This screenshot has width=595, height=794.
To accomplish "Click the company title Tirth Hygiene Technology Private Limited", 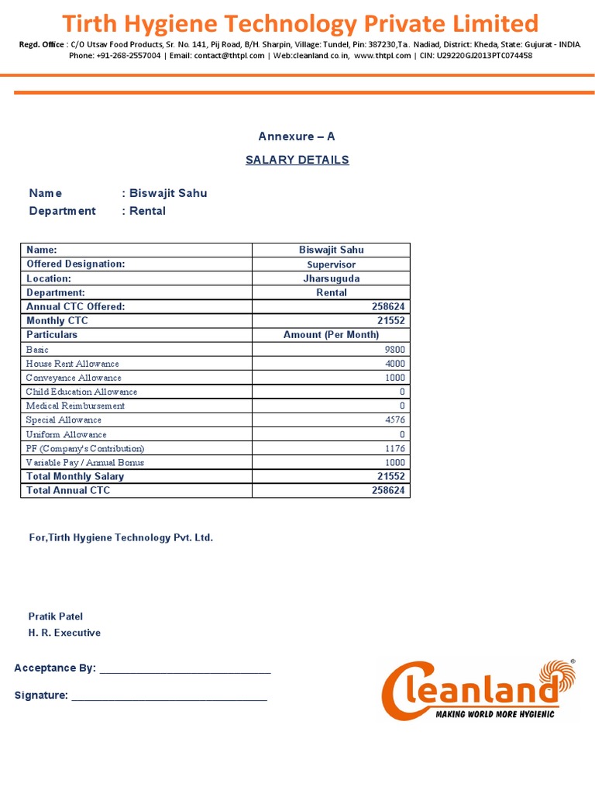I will (300, 23).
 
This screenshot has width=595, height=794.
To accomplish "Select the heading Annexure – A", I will (297, 136).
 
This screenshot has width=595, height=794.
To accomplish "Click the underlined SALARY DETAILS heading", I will (297, 160).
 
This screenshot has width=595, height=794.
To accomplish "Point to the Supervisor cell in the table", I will (331, 264).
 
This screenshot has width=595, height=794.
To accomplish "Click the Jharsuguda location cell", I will (331, 278).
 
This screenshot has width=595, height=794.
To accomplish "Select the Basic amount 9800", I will (394, 350).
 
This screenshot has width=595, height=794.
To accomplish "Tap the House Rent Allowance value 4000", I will (394, 364).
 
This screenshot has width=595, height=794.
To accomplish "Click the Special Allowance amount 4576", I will (394, 420).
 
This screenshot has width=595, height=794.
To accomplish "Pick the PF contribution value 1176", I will (394, 448).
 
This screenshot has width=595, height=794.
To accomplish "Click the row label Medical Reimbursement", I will (75, 406).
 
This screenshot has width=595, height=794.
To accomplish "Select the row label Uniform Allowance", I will (67, 434).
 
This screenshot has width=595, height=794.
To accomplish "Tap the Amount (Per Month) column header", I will (331, 335).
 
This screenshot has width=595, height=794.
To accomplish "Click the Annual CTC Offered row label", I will (75, 307).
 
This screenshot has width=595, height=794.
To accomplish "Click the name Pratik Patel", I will (56, 616).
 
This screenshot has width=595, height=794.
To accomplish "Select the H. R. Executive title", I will (64, 633).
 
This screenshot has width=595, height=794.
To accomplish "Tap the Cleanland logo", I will (480, 689).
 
